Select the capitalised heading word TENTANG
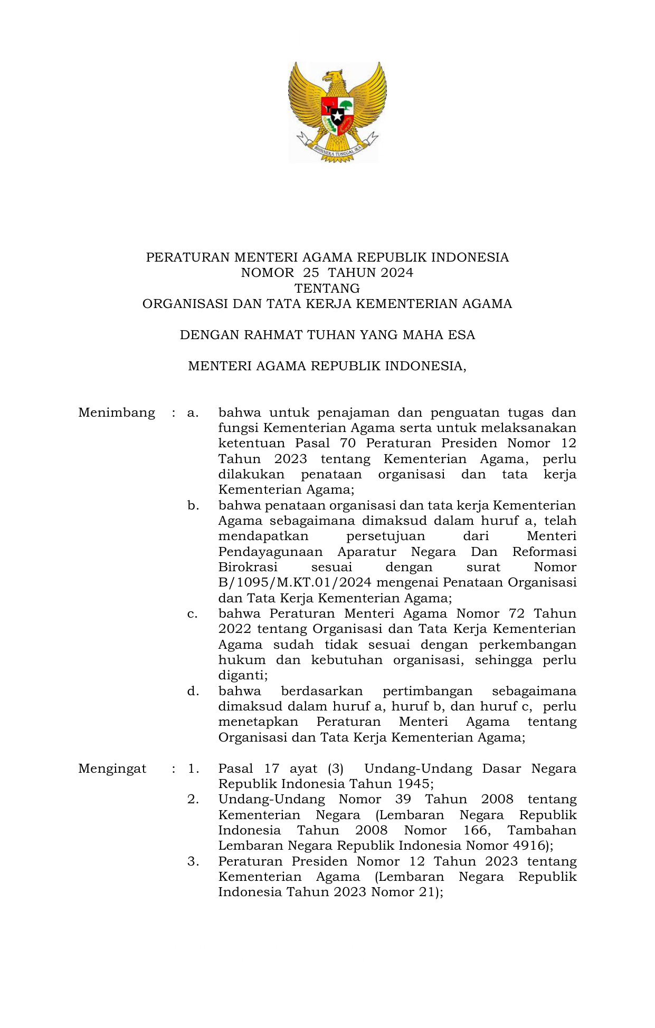tap(327, 289)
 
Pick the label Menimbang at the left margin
tap(117, 412)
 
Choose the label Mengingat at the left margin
tap(112, 768)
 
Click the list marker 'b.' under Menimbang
tap(193, 505)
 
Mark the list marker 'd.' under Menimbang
tap(193, 691)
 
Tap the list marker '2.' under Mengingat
tap(193, 800)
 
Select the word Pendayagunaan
tap(270, 552)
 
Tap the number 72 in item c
tap(517, 614)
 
